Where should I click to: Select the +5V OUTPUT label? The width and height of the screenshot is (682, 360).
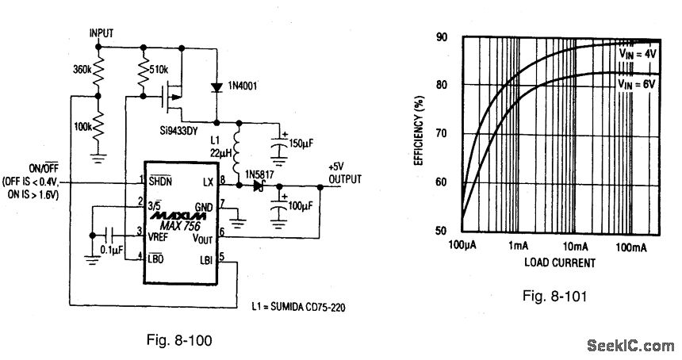click(x=343, y=174)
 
